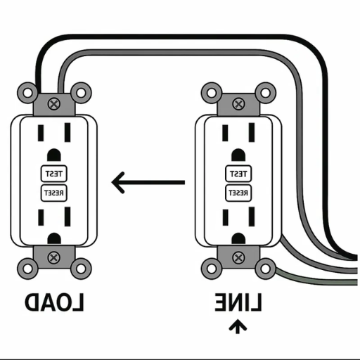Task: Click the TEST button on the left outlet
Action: pyautogui.click(x=53, y=173)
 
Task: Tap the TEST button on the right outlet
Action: pyautogui.click(x=237, y=173)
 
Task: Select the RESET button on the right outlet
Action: pyautogui.click(x=237, y=192)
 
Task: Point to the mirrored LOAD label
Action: pyautogui.click(x=55, y=303)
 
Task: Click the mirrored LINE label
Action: pyautogui.click(x=238, y=303)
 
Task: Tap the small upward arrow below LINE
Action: pyautogui.click(x=238, y=326)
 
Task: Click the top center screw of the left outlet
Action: pyautogui.click(x=54, y=103)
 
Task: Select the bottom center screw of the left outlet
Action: pyautogui.click(x=54, y=257)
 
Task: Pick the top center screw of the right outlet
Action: pyautogui.click(x=238, y=103)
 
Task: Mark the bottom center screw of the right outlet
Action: pyautogui.click(x=238, y=257)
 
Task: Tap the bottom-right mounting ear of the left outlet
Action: pyautogui.click(x=81, y=268)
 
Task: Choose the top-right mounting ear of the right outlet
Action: pyautogui.click(x=264, y=91)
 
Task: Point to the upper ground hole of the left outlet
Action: pyautogui.click(x=54, y=155)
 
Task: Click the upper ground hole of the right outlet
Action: pyautogui.click(x=238, y=155)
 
